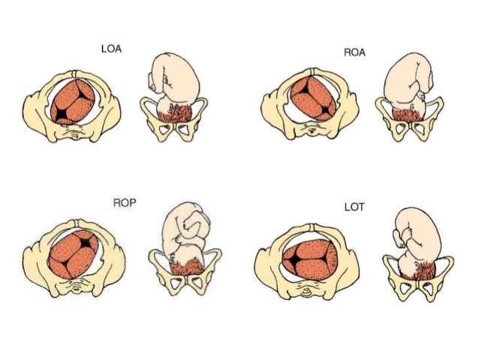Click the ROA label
[354, 53]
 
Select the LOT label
[352, 206]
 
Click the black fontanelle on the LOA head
[60, 114]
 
